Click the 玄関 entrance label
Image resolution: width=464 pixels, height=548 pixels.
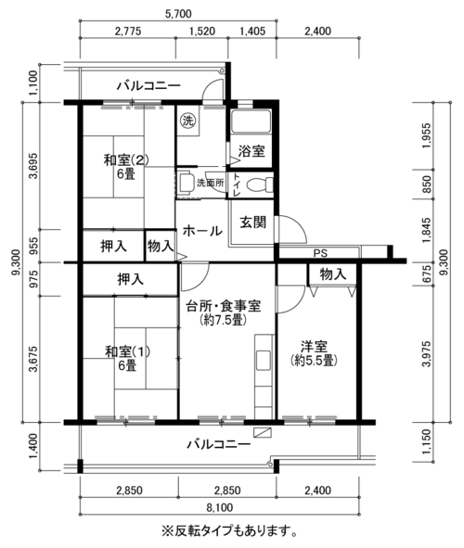[252, 223]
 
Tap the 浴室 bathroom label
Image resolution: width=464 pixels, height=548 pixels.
[251, 151]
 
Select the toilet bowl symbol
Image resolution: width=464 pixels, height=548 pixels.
[260, 185]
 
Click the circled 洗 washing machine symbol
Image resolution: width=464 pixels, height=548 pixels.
[188, 121]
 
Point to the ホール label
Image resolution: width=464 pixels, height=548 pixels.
[202, 231]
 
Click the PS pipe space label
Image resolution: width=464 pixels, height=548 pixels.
[320, 253]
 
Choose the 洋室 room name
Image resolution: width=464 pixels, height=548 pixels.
[314, 347]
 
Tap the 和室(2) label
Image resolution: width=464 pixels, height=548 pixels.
[126, 160]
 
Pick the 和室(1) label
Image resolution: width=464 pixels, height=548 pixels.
[127, 351]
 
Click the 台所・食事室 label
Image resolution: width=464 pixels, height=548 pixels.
[223, 306]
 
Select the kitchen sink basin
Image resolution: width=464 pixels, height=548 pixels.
[264, 360]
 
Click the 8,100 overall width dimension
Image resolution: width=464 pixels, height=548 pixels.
[220, 507]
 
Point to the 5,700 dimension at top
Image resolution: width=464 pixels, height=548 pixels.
[178, 14]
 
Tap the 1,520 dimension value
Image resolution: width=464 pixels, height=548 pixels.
[202, 32]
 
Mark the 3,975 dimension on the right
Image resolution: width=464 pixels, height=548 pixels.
[427, 353]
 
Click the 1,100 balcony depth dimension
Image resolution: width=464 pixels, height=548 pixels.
[32, 83]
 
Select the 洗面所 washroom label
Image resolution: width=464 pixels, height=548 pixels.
[210, 183]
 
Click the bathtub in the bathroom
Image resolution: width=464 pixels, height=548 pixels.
[251, 121]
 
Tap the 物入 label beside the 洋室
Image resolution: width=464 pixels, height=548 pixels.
[333, 274]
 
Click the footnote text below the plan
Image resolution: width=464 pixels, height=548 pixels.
[229, 530]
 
